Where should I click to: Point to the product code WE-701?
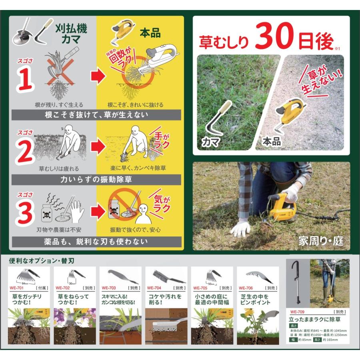click(18, 287)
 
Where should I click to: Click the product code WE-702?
click(63, 287)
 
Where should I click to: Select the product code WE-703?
click(109, 287)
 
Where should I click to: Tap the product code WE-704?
click(154, 287)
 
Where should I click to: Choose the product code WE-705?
click(200, 287)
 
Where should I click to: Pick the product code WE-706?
click(245, 287)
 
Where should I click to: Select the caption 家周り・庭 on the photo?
click(320, 241)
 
